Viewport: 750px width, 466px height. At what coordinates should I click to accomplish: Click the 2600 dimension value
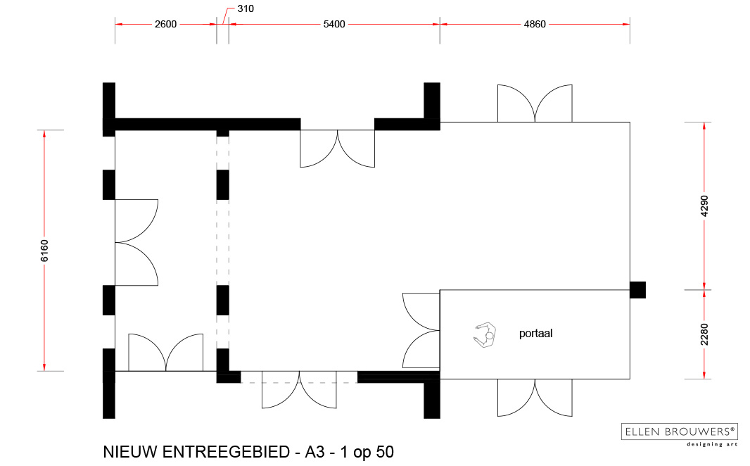165,24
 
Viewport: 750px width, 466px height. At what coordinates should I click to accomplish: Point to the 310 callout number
246,8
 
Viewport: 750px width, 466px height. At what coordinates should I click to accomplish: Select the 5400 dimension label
334,24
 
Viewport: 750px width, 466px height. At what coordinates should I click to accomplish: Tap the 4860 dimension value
535,24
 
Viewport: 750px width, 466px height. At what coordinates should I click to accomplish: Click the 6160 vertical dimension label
44,251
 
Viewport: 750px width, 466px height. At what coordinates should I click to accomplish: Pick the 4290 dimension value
704,206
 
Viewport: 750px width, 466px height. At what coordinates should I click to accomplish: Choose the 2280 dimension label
704,334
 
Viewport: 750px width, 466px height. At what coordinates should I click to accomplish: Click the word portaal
535,333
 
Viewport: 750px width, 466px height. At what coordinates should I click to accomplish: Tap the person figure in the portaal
485,334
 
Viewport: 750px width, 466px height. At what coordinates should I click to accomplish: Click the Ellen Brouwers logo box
679,432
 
